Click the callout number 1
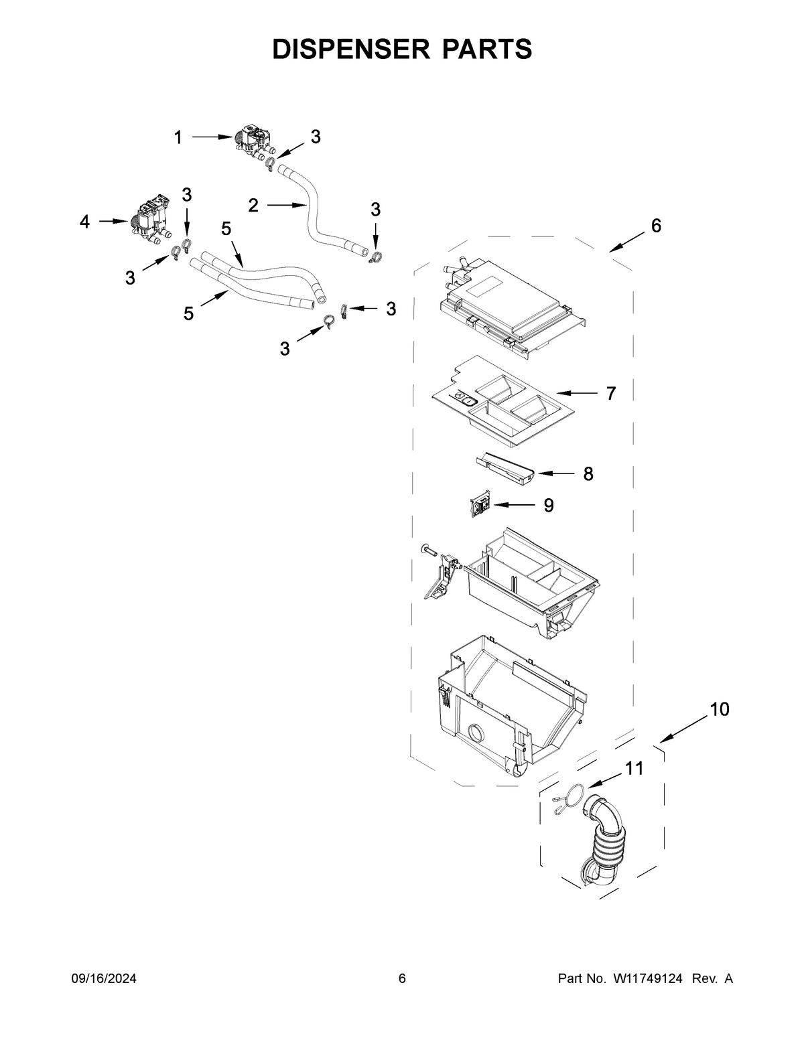tap(178, 138)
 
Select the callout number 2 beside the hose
tap(253, 206)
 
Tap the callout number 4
tap(84, 222)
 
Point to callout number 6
tap(656, 226)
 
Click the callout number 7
tap(610, 394)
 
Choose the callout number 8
tap(588, 474)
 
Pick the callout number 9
tap(548, 505)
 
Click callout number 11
tap(634, 769)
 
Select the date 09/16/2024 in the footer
tap(104, 978)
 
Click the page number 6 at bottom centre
tap(402, 978)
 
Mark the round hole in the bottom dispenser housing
tap(478, 735)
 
